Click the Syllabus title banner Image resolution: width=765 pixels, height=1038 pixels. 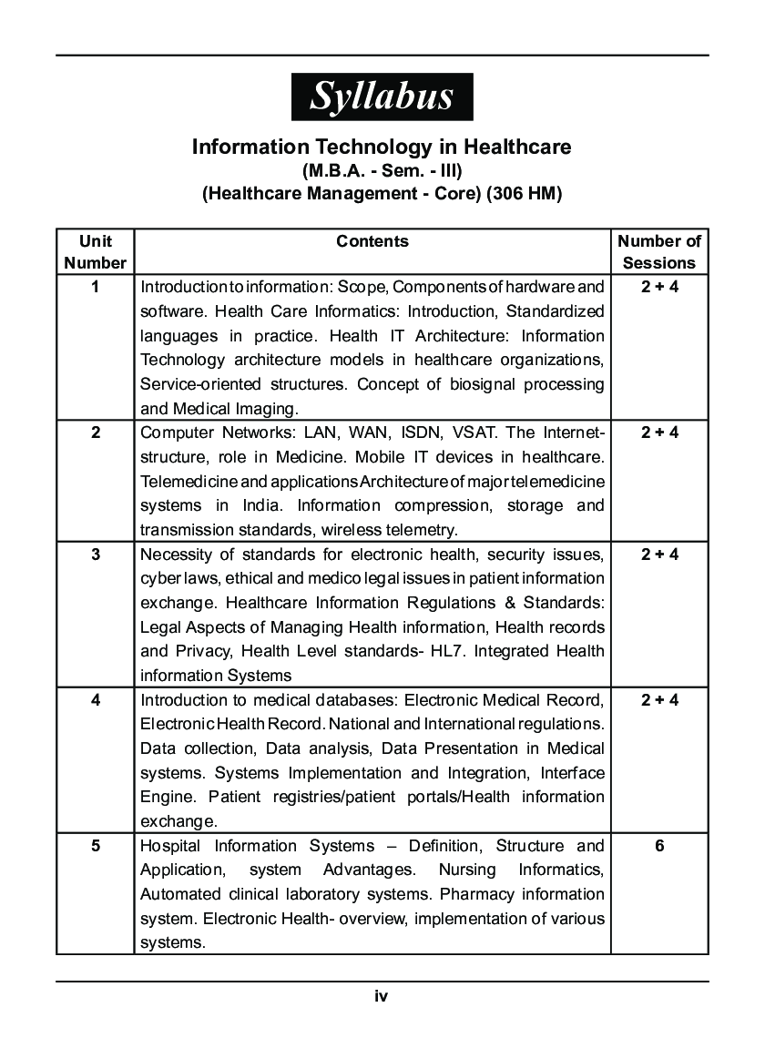[382, 97]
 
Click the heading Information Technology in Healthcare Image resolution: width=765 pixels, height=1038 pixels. [382, 147]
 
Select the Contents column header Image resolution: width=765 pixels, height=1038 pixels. [372, 241]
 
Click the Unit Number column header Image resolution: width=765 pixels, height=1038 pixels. [96, 252]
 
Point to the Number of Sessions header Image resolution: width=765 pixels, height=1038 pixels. [659, 252]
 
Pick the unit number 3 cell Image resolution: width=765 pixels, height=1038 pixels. [96, 555]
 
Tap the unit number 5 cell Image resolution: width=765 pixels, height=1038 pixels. [96, 846]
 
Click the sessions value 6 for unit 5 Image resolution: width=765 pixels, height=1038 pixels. [659, 846]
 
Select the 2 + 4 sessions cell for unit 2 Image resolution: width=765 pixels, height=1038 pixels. [659, 432]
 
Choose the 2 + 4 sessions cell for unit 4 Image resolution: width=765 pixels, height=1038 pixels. [659, 700]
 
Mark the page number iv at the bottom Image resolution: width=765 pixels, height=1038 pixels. [382, 996]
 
